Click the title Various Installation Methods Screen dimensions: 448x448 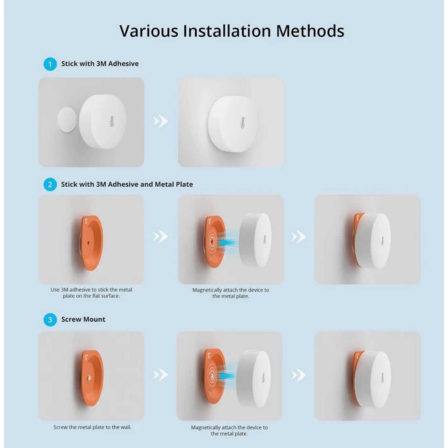tap(231, 31)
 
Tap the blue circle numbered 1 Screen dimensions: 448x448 tap(50, 64)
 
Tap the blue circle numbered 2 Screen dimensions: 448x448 tap(50, 184)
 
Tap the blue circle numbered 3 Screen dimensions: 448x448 tap(50, 320)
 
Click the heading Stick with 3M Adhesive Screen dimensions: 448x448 tap(100, 64)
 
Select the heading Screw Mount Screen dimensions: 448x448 tap(83, 320)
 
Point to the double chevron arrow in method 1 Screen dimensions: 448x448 tap(161, 121)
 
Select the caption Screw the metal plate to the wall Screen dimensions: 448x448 tap(92, 427)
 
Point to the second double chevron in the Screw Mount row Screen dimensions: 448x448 tap(298, 375)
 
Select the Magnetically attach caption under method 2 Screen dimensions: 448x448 tap(230, 293)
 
